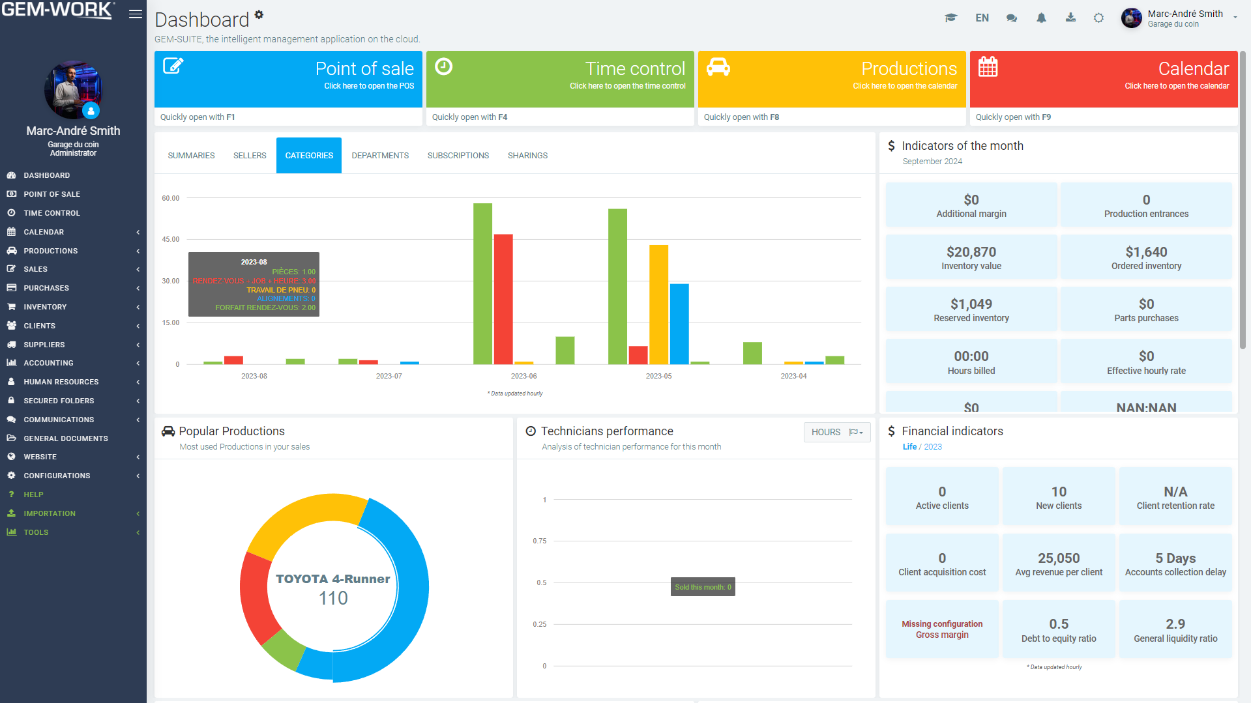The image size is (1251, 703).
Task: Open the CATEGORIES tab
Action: [309, 155]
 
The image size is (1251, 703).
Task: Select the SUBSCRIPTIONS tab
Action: [458, 155]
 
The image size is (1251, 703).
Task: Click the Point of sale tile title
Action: [364, 68]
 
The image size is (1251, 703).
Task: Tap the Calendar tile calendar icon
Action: [988, 66]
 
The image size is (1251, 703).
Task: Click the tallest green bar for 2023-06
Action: [482, 283]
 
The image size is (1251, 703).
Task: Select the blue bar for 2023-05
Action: [679, 324]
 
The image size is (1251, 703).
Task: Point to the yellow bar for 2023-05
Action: [658, 304]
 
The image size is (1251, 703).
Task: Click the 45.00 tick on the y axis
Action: [171, 239]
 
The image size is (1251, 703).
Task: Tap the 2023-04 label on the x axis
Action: [793, 376]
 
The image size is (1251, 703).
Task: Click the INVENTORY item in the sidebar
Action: [45, 307]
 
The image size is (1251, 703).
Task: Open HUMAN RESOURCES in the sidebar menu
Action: [61, 382]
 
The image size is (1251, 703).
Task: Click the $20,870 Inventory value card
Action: [971, 257]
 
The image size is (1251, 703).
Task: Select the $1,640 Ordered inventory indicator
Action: [1146, 257]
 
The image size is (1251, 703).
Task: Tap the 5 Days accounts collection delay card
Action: [1175, 564]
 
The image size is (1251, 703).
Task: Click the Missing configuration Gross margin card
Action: [941, 629]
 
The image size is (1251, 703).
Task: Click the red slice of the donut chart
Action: [254, 596]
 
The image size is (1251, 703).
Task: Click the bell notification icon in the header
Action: [1041, 18]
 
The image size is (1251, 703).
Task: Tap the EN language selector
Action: [982, 18]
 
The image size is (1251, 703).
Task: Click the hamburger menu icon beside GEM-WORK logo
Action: [136, 14]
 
